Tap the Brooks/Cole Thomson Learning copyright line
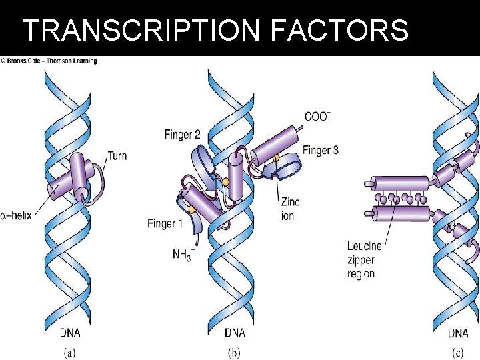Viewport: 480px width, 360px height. (49, 61)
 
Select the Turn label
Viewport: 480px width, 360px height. (117, 156)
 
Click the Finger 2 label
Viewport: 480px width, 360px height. (182, 135)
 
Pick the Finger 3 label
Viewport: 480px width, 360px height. (320, 150)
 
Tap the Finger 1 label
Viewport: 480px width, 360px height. (165, 223)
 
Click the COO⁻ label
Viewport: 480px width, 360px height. (317, 117)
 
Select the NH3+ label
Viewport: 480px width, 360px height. (181, 254)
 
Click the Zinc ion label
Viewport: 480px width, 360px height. (290, 209)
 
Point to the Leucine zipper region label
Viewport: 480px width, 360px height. (363, 260)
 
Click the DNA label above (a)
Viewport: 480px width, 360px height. (72, 333)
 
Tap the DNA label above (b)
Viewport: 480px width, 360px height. (235, 333)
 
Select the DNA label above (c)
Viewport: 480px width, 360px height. (458, 333)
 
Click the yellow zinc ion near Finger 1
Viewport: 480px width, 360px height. (191, 211)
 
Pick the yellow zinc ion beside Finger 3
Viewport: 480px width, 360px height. (276, 159)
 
